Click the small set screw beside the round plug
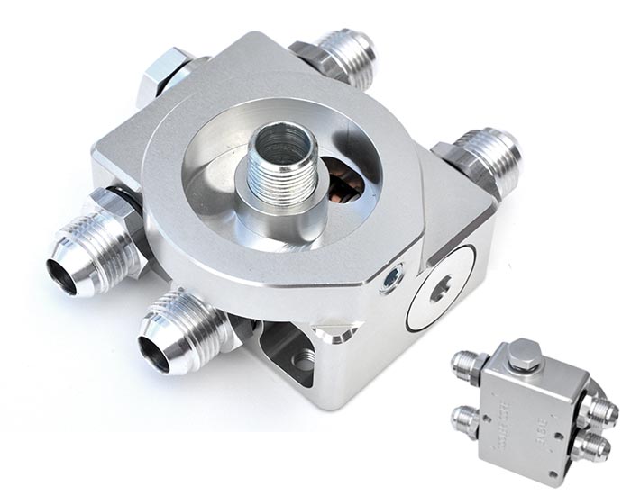point(392,280)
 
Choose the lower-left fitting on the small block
point(467,418)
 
